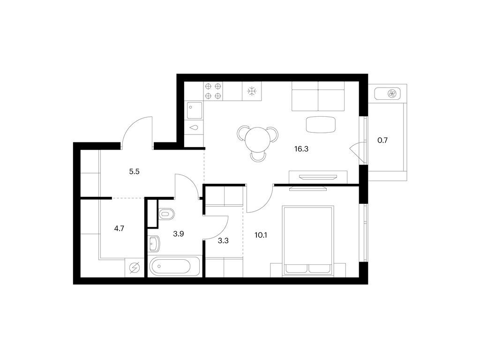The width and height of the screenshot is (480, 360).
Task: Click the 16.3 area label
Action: click(x=301, y=149)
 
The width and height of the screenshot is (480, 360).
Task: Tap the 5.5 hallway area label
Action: click(x=134, y=172)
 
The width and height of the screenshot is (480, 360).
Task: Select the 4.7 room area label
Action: click(x=119, y=228)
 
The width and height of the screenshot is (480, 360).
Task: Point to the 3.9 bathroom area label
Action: click(x=178, y=234)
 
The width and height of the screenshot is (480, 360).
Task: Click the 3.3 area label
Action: click(x=223, y=240)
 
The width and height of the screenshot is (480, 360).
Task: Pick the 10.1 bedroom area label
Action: click(x=261, y=235)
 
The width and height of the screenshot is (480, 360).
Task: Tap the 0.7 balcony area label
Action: click(x=382, y=140)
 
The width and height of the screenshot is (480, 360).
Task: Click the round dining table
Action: click(x=257, y=140)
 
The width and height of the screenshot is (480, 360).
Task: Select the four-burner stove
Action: click(x=213, y=91)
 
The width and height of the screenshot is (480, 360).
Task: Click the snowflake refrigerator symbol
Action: click(x=252, y=91)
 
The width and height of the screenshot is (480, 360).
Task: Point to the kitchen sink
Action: click(x=195, y=110)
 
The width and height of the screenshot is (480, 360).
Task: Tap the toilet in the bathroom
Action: click(x=166, y=214)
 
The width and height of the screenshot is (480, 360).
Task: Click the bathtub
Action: click(x=174, y=266)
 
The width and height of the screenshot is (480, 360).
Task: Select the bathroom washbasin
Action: click(x=154, y=243)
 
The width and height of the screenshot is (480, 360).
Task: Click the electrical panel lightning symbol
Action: click(x=135, y=268)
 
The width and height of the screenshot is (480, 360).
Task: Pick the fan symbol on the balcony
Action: click(x=392, y=93)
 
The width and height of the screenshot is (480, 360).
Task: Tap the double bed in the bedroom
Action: click(x=308, y=240)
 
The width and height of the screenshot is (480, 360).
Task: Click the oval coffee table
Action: click(x=321, y=125)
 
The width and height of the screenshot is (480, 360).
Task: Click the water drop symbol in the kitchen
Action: click(x=195, y=127)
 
